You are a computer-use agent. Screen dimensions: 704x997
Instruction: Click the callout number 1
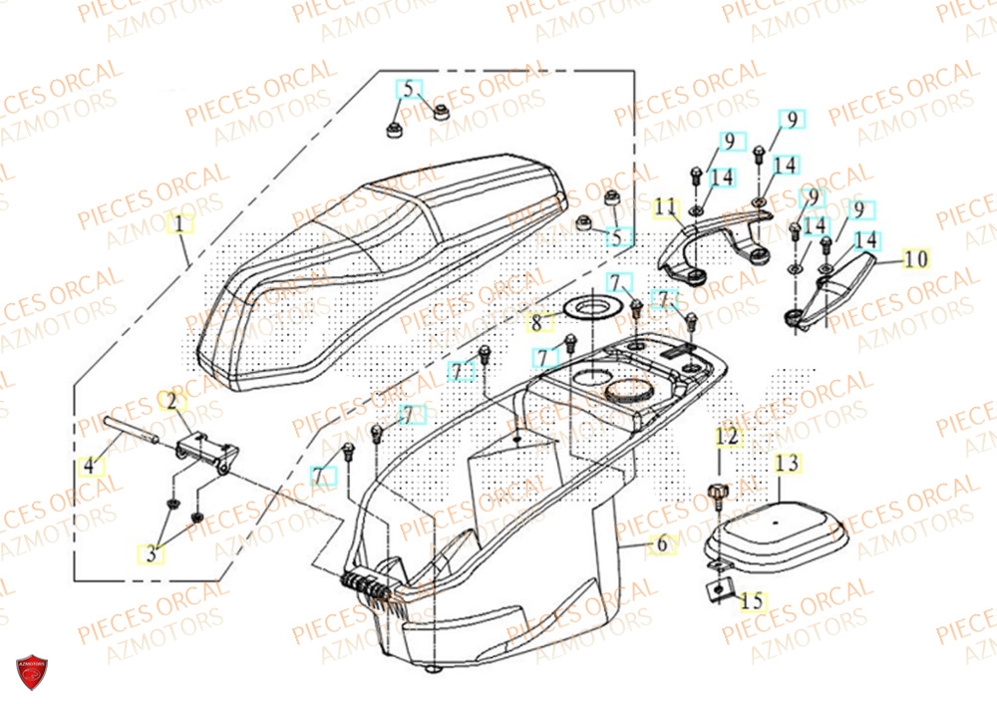point(180,225)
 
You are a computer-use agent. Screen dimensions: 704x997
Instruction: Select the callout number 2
point(171,402)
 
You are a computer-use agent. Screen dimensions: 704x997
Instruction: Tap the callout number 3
point(152,554)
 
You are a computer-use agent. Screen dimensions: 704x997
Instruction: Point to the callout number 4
point(89,465)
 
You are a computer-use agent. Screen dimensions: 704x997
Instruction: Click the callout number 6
point(659,544)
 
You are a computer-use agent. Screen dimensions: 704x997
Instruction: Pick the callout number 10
point(915,259)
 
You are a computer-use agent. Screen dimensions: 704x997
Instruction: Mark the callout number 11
point(665,207)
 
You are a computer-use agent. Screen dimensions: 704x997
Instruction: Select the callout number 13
point(787,463)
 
